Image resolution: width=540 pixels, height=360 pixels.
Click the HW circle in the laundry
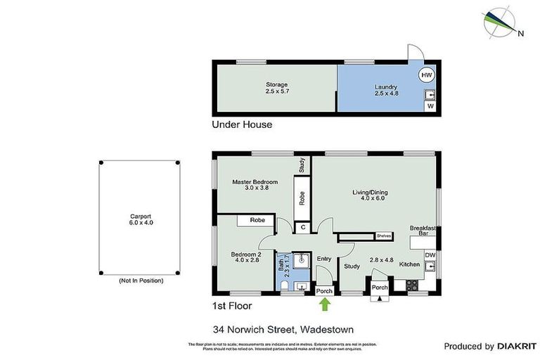[427, 75]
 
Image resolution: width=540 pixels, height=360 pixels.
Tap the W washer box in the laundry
[429, 106]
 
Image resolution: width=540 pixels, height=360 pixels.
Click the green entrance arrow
[324, 304]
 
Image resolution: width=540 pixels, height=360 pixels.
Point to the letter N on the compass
[520, 32]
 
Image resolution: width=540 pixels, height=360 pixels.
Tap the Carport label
[141, 219]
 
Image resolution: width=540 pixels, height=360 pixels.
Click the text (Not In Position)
[141, 281]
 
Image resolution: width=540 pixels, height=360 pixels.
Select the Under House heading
[242, 124]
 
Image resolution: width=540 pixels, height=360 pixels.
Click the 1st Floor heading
[231, 306]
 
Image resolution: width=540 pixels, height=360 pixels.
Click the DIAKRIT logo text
[517, 346]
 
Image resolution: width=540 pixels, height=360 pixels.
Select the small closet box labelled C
[302, 227]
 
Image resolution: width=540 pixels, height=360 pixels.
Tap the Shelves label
[383, 236]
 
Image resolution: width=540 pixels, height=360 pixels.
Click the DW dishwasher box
[430, 255]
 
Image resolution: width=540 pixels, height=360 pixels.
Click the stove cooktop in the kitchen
[412, 285]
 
